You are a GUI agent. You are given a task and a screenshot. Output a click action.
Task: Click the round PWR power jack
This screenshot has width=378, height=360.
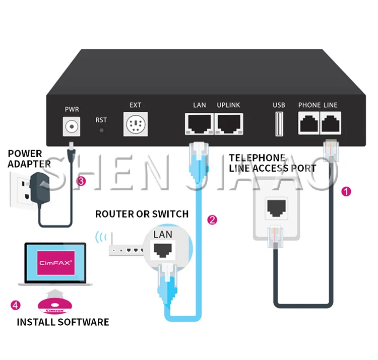pos(72,125)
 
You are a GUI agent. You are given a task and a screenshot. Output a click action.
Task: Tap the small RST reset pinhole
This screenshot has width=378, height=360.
pos(101,130)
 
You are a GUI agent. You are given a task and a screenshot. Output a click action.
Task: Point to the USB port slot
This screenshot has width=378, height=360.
pos(279,124)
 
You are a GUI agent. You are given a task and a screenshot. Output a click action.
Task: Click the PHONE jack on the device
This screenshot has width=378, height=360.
pos(308,123)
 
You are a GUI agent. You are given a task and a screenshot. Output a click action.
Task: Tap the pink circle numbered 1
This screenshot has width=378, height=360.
pos(346,192)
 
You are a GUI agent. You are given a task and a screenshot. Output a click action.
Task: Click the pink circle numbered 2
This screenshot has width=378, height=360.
pos(212,220)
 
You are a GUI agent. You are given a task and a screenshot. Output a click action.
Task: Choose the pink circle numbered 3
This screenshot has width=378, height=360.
pos(81,181)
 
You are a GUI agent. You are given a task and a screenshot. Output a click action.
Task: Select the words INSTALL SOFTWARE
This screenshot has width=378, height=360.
pos(62,322)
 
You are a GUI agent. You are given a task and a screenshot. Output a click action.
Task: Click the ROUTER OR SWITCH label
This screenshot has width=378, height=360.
pos(142,214)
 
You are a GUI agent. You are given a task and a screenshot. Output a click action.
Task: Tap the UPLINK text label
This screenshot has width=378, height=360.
pos(228,105)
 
